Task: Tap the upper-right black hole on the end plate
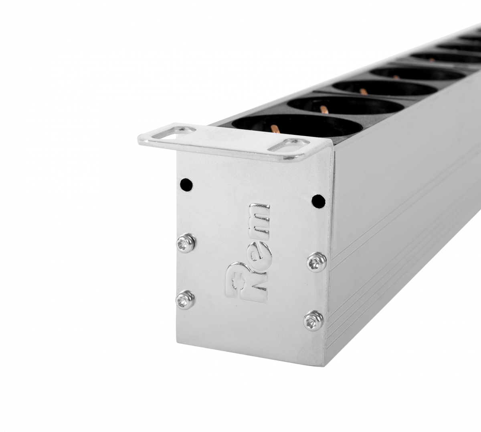coord(318,200)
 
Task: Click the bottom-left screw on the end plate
coord(185,300)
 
